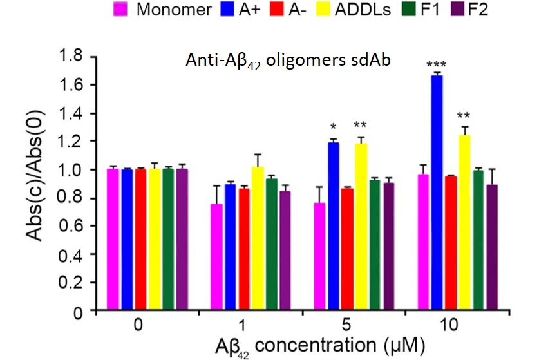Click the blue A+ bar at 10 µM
[x=437, y=193]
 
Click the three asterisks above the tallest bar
[x=437, y=64]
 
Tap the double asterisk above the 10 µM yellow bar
[x=463, y=116]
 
